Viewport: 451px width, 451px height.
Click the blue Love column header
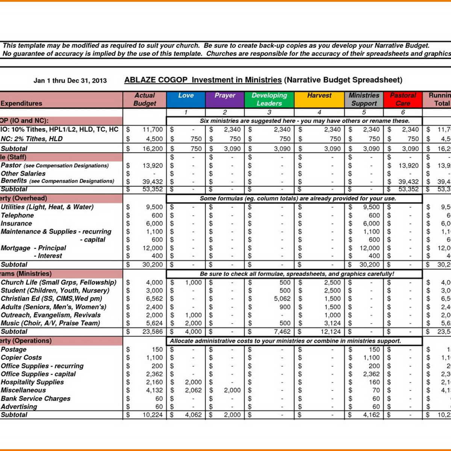pos(186,100)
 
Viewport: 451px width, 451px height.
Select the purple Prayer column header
pos(225,100)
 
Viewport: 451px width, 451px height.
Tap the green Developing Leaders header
pos(269,100)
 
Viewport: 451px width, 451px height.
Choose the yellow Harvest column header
pos(319,100)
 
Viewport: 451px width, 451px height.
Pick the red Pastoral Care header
pos(403,100)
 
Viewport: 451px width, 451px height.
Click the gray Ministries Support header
pos(364,100)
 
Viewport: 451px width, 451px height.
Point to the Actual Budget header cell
pos(145,100)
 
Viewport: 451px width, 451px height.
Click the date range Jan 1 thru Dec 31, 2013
pos(70,80)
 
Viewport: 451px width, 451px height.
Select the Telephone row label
pos(17,215)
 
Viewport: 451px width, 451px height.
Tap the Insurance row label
pos(16,224)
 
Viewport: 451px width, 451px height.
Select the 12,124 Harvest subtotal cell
pos(330,331)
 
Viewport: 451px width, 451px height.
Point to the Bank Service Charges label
pos(35,398)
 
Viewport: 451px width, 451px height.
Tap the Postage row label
pos(14,350)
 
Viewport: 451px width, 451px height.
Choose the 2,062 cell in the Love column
pos(193,390)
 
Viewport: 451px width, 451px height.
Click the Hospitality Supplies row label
pos(32,382)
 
